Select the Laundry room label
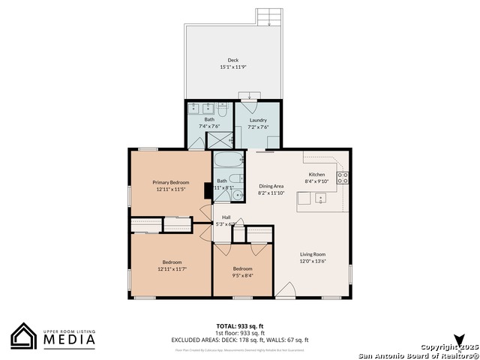coord(258,120)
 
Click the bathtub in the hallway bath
coord(228,159)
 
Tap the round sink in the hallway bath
coord(238,195)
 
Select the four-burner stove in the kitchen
coord(342,178)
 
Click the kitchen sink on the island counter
coord(320,199)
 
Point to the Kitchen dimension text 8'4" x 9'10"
coord(317,181)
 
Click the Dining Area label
coord(271,186)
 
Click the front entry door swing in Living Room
coord(285,289)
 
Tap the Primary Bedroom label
coord(171,182)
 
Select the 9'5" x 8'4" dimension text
coord(242,275)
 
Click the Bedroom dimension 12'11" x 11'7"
coord(171,268)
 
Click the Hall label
coord(226,217)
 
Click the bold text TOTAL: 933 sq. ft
coord(239,325)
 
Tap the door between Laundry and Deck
coord(248,98)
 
